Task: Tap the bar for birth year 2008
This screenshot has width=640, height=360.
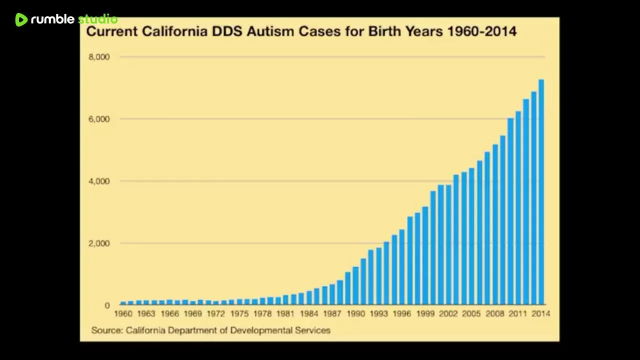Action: pos(495,224)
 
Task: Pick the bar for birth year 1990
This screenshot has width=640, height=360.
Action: pos(355,285)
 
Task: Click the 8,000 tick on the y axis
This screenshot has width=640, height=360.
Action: pos(99,57)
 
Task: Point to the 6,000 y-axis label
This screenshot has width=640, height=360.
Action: pos(99,119)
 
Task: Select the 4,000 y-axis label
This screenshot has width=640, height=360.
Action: pos(99,181)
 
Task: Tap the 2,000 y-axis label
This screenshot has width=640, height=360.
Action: pos(99,243)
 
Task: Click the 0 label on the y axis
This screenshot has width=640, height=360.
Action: pos(107,305)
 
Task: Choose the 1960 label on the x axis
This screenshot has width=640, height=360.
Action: pos(123,314)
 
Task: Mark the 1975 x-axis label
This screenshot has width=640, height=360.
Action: pos(239,314)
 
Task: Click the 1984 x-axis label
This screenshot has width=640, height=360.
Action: pos(309,314)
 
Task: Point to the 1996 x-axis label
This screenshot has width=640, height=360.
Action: pos(401,314)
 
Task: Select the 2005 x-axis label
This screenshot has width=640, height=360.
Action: pos(471,314)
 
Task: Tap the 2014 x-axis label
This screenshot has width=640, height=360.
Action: pos(540,314)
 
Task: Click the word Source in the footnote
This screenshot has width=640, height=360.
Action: pos(106,330)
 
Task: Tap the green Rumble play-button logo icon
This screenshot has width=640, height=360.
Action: pos(21,19)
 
